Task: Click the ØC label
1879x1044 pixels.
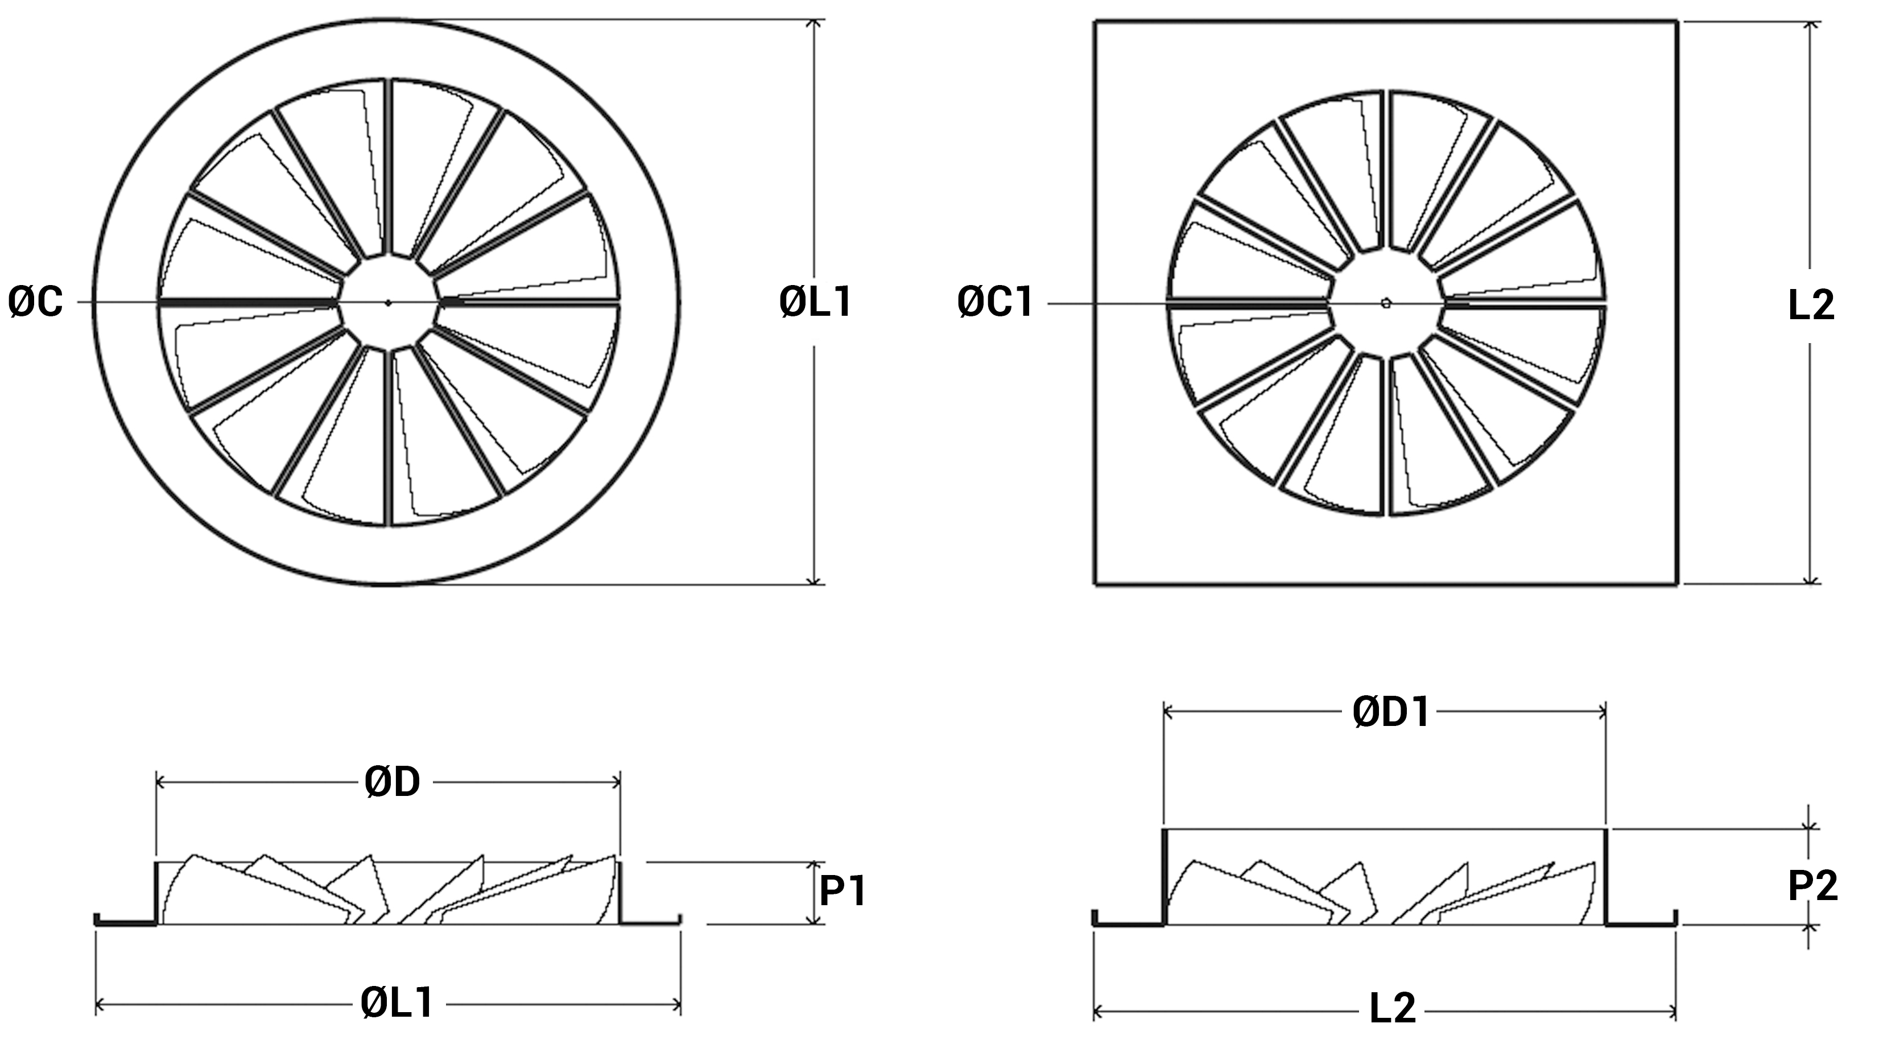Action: pos(36,302)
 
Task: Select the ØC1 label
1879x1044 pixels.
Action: pos(995,302)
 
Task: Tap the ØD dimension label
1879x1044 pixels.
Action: pos(393,782)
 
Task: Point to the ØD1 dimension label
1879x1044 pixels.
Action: pos(1391,712)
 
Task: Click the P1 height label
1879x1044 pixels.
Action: pos(843,891)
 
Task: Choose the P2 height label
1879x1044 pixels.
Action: pos(1812,886)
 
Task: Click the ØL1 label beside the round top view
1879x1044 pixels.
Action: pos(815,302)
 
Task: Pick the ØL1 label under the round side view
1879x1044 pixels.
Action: pos(397,1003)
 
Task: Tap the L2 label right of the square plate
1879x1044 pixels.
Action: pos(1811,305)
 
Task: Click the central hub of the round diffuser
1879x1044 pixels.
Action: pos(388,302)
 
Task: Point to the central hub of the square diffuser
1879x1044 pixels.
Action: pos(1386,303)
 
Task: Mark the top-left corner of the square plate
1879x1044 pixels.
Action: pos(1096,22)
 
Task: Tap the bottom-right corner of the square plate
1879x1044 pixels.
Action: pos(1677,584)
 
